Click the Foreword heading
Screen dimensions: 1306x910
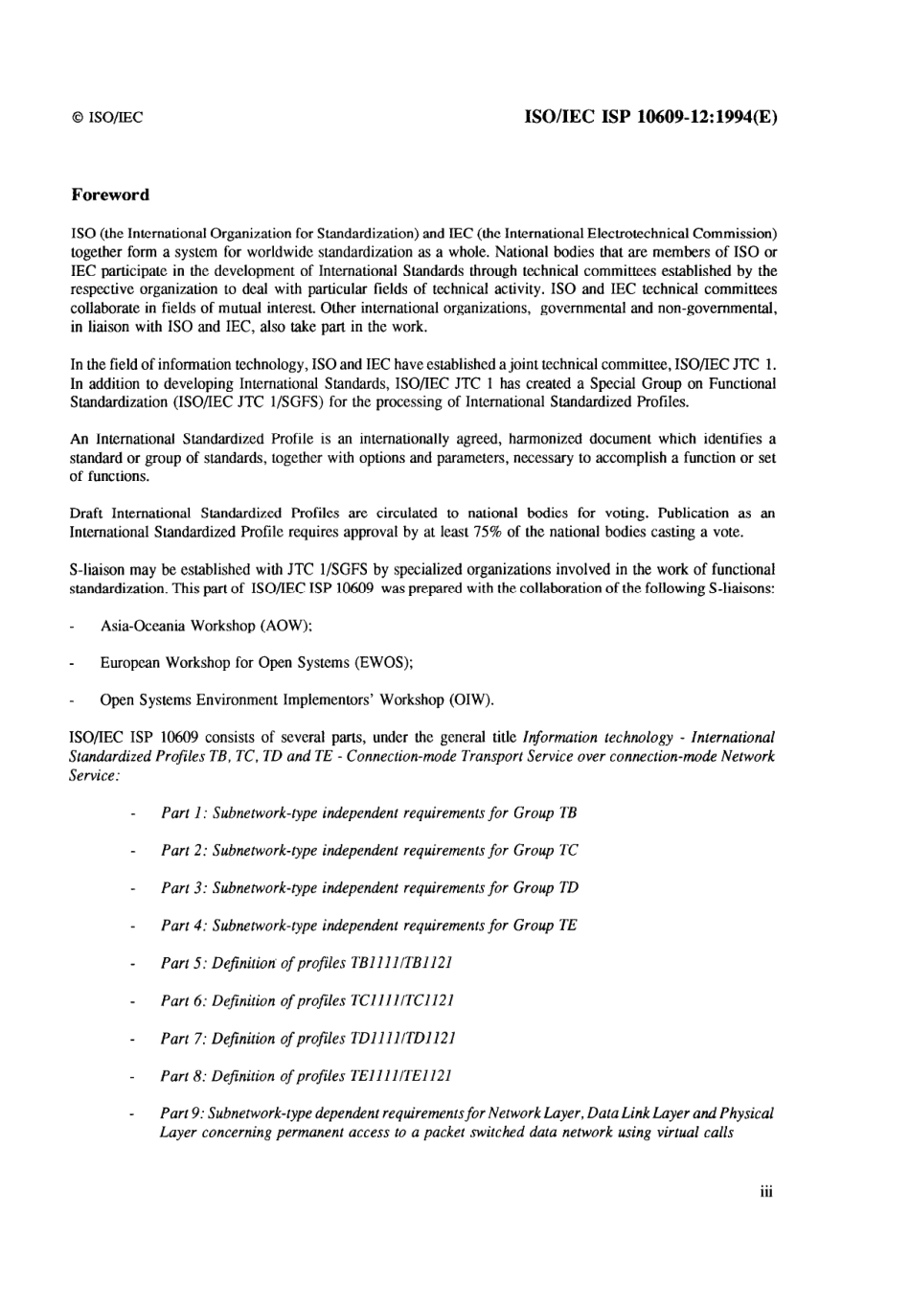point(110,195)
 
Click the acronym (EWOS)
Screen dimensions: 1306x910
point(383,663)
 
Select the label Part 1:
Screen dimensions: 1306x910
point(183,813)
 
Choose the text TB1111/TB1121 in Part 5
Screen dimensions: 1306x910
point(403,963)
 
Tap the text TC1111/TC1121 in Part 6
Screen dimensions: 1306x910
point(404,1000)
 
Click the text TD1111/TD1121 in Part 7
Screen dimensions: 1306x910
point(405,1038)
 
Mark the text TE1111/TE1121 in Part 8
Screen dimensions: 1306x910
point(403,1076)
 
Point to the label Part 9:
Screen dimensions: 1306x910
point(181,1113)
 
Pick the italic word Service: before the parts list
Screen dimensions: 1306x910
point(94,775)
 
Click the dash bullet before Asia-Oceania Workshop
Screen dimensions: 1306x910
point(74,627)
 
